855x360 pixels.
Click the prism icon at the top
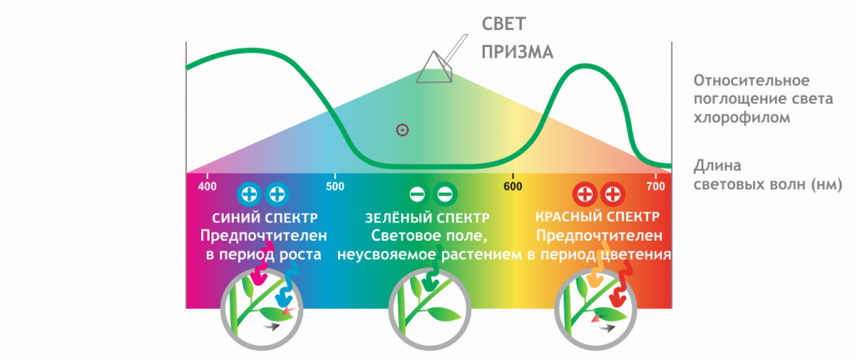435,67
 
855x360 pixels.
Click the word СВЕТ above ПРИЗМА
505,23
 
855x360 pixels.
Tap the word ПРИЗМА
517,52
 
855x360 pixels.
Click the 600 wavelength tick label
514,185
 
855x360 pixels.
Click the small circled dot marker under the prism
402,129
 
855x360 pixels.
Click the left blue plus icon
249,195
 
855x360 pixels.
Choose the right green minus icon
445,195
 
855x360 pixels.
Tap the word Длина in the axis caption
717,165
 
